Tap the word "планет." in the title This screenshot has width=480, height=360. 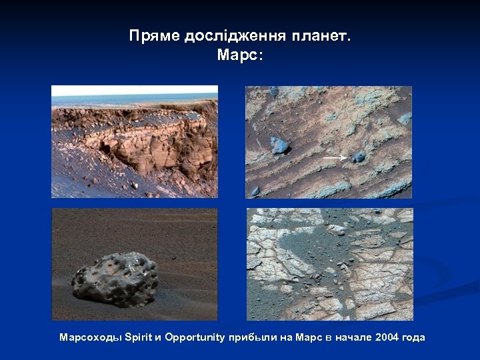point(320,37)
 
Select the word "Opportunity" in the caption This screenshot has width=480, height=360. point(195,337)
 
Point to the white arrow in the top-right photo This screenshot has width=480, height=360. point(335,158)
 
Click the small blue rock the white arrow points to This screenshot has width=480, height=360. point(359,157)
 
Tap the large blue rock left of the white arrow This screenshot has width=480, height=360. point(279,145)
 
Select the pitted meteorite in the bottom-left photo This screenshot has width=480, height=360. point(115,278)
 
